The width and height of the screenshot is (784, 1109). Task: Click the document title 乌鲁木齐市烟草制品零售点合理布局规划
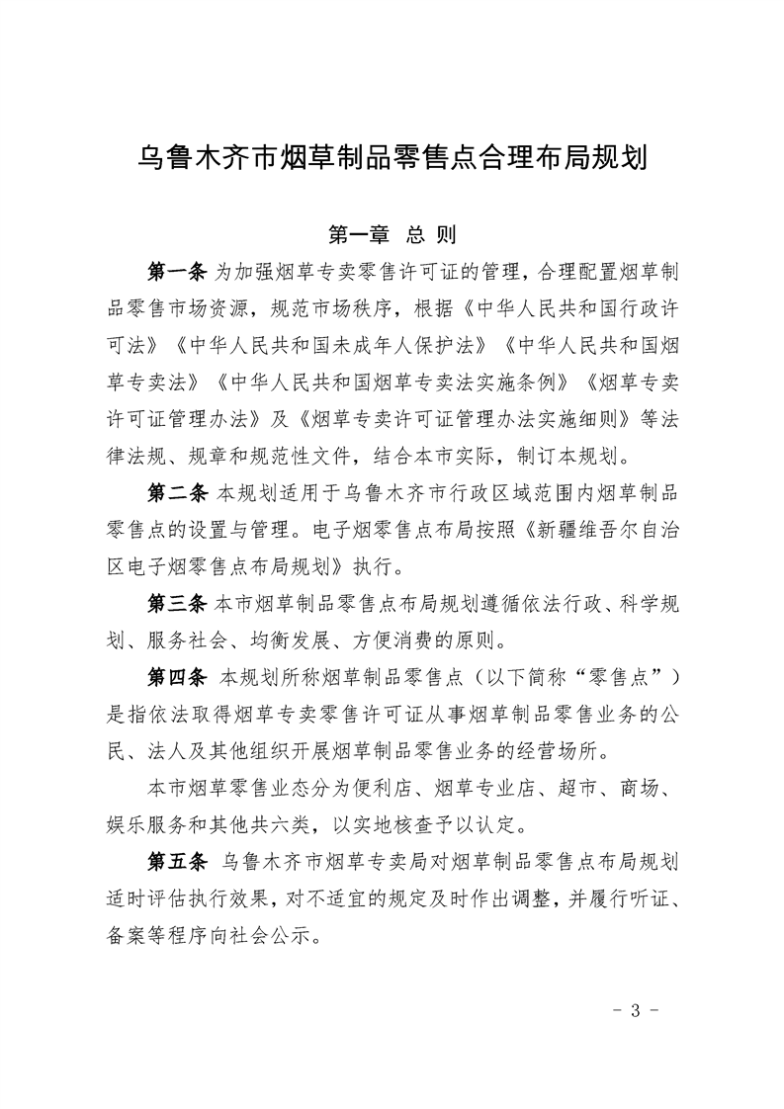[x=392, y=158]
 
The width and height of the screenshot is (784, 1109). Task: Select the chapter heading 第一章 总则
[x=392, y=235]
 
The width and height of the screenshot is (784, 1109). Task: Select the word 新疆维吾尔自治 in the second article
[x=605, y=529]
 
